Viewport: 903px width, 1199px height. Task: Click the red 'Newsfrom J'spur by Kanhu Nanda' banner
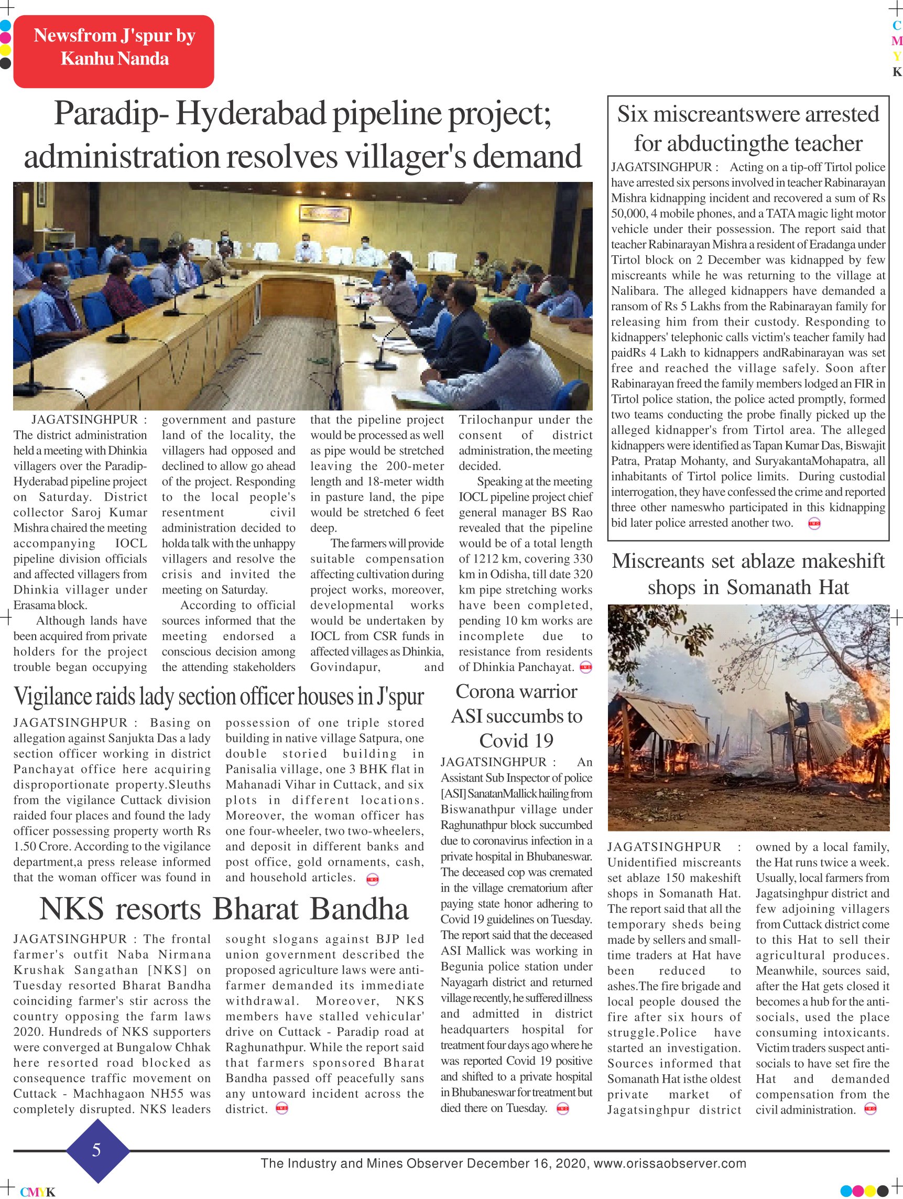pyautogui.click(x=114, y=51)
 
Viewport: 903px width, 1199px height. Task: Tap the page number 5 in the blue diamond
pyautogui.click(x=96, y=1150)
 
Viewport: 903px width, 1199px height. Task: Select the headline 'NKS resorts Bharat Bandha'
pyautogui.click(x=224, y=909)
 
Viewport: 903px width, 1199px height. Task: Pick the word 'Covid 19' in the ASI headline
pyautogui.click(x=516, y=740)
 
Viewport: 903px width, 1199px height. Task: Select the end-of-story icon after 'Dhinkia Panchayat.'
pyautogui.click(x=585, y=667)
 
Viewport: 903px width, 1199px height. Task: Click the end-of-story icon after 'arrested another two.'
pyautogui.click(x=814, y=523)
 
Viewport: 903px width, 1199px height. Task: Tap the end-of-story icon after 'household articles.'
pyautogui.click(x=373, y=880)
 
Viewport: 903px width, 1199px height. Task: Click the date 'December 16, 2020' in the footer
pyautogui.click(x=527, y=1163)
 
